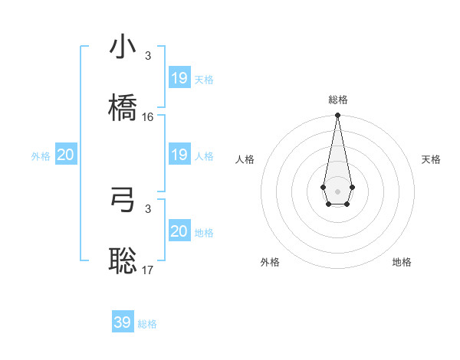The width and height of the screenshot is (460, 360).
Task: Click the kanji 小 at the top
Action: click(x=123, y=47)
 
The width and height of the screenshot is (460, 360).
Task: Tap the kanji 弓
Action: click(x=123, y=199)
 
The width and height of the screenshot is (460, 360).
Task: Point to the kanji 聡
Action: click(x=123, y=260)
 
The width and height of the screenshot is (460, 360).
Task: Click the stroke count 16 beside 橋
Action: click(x=148, y=117)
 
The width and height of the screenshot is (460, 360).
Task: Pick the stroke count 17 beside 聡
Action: click(x=148, y=270)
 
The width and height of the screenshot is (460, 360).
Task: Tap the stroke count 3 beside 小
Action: click(x=148, y=56)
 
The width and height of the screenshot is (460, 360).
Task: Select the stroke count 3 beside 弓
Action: click(x=148, y=208)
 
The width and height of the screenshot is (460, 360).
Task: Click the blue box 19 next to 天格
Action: click(x=179, y=78)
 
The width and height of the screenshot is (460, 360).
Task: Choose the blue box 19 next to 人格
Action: click(x=179, y=155)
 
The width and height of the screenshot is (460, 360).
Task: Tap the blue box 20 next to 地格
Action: click(x=179, y=231)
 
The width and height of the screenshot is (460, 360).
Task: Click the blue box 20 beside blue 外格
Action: click(x=66, y=155)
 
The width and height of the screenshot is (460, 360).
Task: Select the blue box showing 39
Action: click(x=123, y=322)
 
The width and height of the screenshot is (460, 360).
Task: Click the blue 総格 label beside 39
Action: click(x=147, y=324)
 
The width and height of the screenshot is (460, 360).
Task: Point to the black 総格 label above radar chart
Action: click(x=337, y=100)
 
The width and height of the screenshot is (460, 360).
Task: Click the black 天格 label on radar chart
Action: click(x=431, y=159)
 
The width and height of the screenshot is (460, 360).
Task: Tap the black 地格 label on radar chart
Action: click(x=402, y=262)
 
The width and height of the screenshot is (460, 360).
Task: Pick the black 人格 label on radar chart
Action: click(x=245, y=159)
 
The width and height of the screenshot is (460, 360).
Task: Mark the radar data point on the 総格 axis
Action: click(x=337, y=116)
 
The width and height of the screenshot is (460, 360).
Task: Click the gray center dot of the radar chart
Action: click(x=337, y=191)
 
